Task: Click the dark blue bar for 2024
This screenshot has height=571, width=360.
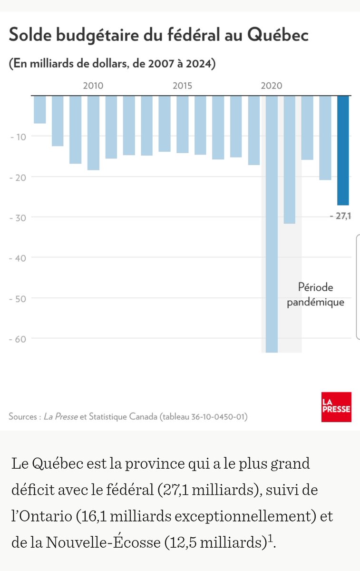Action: point(343,150)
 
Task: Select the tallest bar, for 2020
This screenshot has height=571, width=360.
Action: point(272,224)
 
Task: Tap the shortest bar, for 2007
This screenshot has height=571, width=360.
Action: point(40,109)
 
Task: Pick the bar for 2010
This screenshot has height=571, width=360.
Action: point(93,133)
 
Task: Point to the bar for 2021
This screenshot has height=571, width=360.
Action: point(290,159)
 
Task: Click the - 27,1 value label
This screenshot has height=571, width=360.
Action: point(341,216)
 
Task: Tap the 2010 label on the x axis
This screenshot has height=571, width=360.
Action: point(93,86)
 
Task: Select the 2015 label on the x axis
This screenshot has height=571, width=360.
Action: point(183,86)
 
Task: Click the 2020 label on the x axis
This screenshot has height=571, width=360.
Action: point(272,86)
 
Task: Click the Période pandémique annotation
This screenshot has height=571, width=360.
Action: point(316,295)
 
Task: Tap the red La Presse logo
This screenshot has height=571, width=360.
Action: point(336,407)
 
